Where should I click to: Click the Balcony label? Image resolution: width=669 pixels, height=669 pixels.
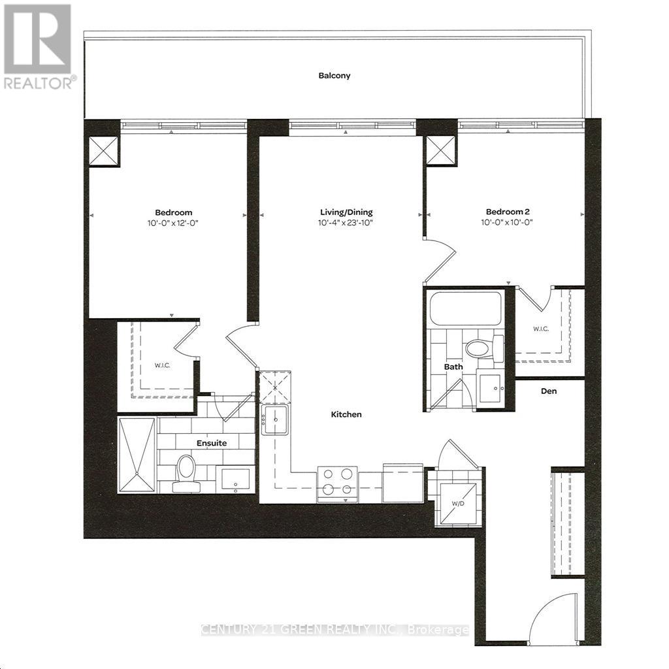coord(334,76)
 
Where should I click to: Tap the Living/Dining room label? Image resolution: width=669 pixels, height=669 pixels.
coord(346,212)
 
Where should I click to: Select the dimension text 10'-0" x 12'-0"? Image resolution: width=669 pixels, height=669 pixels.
coord(173,223)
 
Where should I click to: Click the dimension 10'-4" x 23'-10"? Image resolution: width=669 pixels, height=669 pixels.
coord(346,223)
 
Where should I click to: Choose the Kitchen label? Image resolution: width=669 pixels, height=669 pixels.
coord(346,414)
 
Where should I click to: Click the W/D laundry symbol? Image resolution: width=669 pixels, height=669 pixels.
coord(457,504)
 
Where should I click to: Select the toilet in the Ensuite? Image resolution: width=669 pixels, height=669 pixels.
coord(186,470)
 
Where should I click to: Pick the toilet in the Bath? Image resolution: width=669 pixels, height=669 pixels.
coord(484,348)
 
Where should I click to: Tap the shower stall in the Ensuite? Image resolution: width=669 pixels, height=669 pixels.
coord(137,455)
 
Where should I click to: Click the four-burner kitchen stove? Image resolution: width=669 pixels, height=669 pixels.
coord(337,483)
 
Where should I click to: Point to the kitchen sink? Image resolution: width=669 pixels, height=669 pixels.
coord(276,419)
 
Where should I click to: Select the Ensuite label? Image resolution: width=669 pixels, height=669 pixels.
coord(212,443)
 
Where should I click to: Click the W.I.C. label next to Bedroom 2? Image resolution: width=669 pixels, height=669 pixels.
coord(540,329)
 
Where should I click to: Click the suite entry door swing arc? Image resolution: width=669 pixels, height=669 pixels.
coord(553,617)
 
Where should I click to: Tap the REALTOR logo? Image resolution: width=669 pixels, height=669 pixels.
coord(38,46)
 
